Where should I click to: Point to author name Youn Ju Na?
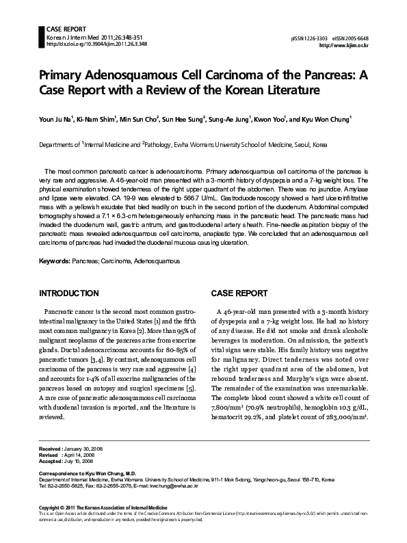(58, 118)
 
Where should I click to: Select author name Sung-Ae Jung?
(229, 118)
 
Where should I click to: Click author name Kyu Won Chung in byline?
(328, 118)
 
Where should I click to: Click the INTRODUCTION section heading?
(69, 293)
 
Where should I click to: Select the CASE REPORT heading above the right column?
(239, 293)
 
